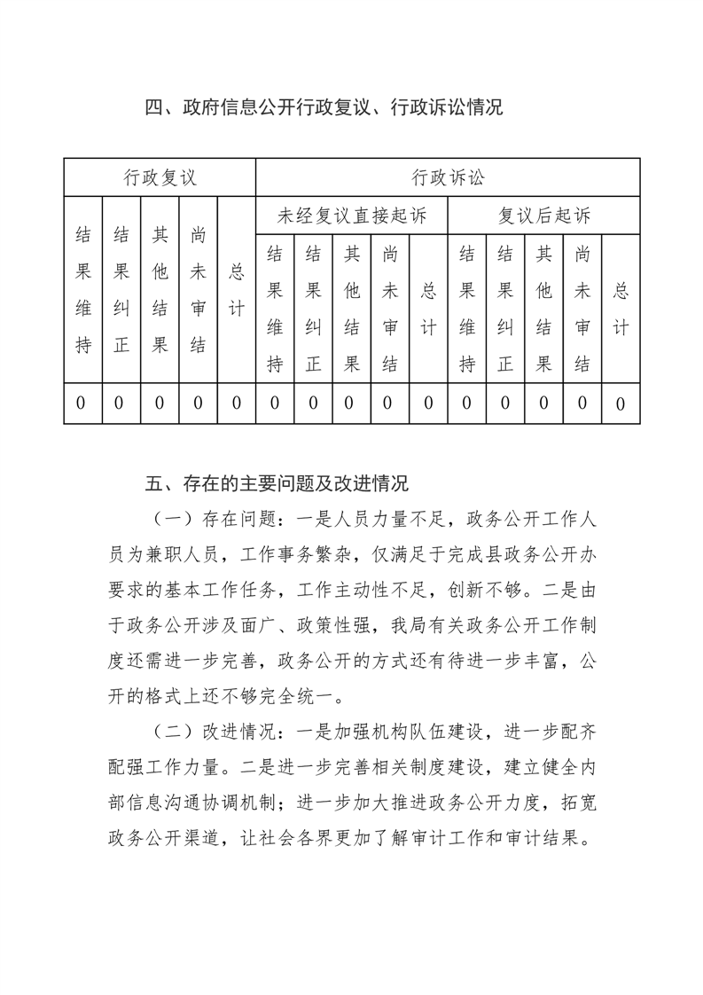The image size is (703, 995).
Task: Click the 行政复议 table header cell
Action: click(x=160, y=178)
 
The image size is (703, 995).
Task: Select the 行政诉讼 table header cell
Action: click(x=448, y=178)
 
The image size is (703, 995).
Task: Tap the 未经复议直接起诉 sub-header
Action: click(x=352, y=215)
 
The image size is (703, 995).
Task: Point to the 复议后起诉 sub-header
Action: click(x=543, y=215)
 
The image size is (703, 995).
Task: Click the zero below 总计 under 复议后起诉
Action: click(x=621, y=403)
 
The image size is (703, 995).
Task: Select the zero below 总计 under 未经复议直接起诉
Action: click(x=428, y=403)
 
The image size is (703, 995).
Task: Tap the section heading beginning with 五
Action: click(x=276, y=484)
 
